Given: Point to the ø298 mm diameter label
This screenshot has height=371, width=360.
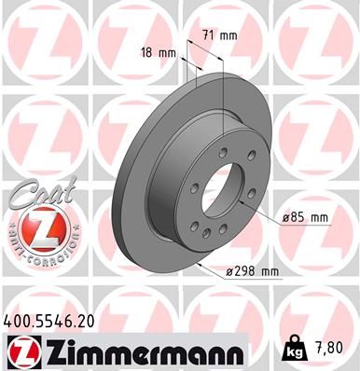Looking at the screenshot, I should (254, 271).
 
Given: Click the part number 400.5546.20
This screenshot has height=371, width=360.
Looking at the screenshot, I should (48, 319).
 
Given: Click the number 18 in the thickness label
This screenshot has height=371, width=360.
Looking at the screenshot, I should (146, 52).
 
